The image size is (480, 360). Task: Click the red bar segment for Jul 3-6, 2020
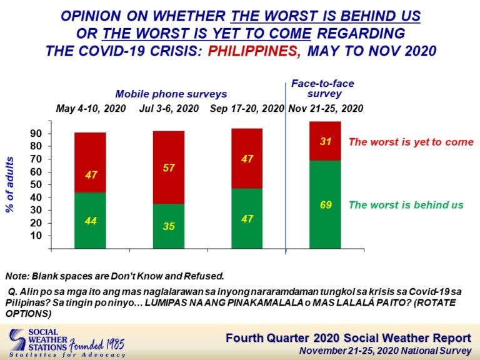(169, 167)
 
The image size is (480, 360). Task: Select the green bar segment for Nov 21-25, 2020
(325, 204)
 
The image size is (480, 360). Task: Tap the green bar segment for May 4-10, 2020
(90, 221)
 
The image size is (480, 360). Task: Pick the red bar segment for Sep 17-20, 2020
(247, 159)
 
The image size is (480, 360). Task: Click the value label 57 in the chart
(169, 167)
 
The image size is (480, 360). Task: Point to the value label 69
(326, 205)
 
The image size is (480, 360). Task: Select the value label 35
(169, 226)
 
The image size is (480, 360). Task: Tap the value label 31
(326, 141)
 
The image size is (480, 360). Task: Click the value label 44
(91, 221)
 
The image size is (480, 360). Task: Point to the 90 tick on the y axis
(36, 134)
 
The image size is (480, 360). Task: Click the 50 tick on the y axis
(36, 184)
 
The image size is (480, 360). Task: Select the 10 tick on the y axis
(36, 236)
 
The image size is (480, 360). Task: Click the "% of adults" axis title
(10, 184)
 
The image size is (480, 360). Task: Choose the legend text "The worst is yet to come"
(411, 142)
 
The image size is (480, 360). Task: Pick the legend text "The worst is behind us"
(406, 205)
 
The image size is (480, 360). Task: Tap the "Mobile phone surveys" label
(171, 94)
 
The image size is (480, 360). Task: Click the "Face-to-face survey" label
(322, 89)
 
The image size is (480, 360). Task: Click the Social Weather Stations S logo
(17, 339)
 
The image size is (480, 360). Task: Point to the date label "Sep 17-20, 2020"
(247, 108)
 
